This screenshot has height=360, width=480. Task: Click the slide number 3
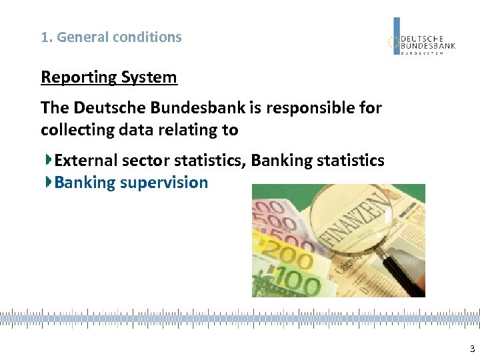click(x=472, y=349)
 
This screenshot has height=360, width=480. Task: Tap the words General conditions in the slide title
click(x=119, y=37)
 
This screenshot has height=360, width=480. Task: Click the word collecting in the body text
click(x=73, y=130)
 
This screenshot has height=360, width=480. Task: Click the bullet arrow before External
click(x=49, y=160)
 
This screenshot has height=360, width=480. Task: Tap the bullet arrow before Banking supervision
click(x=49, y=182)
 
